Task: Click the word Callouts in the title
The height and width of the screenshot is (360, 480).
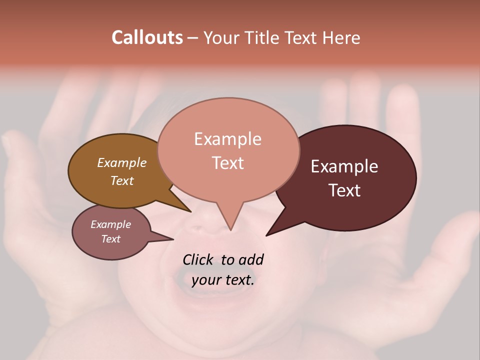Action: tap(147, 37)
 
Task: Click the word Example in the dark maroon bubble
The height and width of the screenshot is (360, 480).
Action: tap(344, 166)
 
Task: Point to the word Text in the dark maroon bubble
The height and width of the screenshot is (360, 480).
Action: tap(344, 190)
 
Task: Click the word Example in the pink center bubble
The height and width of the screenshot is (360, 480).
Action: tap(227, 139)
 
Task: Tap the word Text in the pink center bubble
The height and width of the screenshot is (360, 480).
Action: tap(227, 163)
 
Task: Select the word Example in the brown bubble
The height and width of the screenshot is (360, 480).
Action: tap(122, 163)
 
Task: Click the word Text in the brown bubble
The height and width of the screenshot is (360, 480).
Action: tap(122, 180)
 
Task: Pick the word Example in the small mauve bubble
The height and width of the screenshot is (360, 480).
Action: tap(110, 224)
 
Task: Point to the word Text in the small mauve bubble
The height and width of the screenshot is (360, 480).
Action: tap(110, 239)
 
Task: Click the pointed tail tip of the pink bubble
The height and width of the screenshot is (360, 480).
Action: tap(230, 230)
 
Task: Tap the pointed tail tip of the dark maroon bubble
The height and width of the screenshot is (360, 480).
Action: tap(266, 235)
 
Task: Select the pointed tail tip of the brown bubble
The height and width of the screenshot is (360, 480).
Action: tap(190, 211)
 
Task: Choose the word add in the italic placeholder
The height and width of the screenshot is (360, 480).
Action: tap(251, 259)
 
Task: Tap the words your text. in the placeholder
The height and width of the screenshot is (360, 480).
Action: tap(223, 280)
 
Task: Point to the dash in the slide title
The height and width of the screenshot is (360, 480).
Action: tap(193, 38)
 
